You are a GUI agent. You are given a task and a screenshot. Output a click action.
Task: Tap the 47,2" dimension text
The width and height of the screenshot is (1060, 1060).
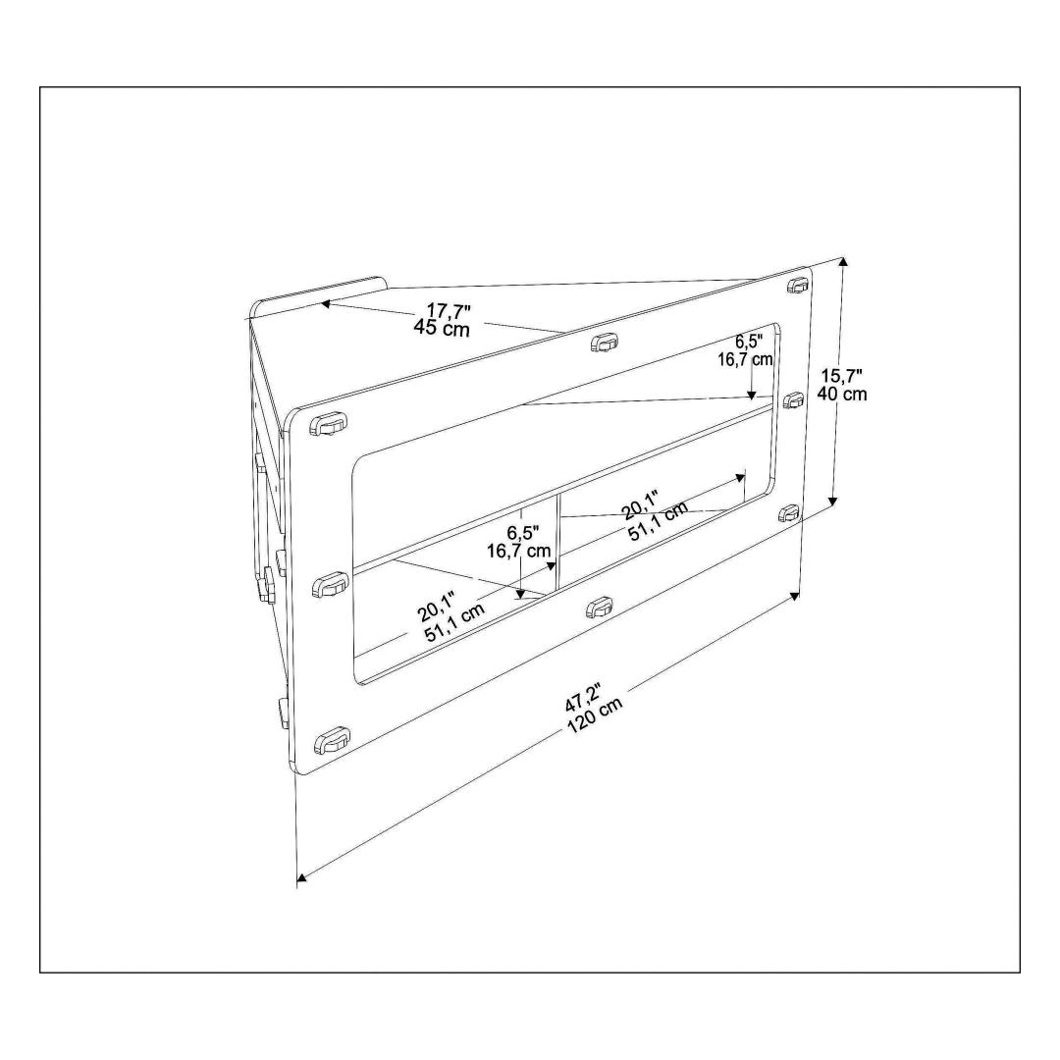pyautogui.click(x=583, y=696)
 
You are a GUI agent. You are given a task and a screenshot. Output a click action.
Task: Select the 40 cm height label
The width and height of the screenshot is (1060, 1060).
pyautogui.click(x=842, y=394)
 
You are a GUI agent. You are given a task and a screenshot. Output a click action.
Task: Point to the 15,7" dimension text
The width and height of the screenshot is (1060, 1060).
pyautogui.click(x=842, y=376)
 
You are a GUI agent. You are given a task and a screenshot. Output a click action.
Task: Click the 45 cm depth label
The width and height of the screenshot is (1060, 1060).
pyautogui.click(x=442, y=329)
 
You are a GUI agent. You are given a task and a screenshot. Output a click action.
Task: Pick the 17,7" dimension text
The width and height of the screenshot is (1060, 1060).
pyautogui.click(x=449, y=311)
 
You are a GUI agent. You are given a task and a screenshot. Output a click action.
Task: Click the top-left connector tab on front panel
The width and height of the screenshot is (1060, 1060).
pyautogui.click(x=329, y=424)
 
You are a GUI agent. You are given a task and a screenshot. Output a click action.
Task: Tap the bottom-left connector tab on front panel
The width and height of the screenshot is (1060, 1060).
pyautogui.click(x=332, y=740)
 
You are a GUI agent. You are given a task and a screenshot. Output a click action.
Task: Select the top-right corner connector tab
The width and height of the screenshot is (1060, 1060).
pyautogui.click(x=798, y=285)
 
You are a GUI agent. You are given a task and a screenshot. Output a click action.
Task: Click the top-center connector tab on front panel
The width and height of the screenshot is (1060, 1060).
pyautogui.click(x=605, y=343)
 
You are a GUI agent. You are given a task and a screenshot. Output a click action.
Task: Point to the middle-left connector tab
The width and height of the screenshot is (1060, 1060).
pyautogui.click(x=330, y=585)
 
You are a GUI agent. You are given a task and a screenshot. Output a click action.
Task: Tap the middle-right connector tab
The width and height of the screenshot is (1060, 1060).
pyautogui.click(x=793, y=400)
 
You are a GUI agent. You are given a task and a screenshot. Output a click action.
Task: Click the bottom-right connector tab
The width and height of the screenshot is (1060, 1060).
pyautogui.click(x=789, y=513)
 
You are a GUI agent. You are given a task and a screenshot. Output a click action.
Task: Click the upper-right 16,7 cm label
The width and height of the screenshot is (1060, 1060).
pyautogui.click(x=745, y=359)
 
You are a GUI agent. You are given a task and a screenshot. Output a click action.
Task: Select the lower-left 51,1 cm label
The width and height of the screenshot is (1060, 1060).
pyautogui.click(x=454, y=622)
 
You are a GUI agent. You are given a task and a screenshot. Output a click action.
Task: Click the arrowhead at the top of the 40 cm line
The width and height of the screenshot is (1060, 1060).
pyautogui.click(x=842, y=263)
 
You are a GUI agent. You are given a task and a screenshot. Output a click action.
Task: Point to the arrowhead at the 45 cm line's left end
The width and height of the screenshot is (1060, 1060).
pyautogui.click(x=325, y=304)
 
